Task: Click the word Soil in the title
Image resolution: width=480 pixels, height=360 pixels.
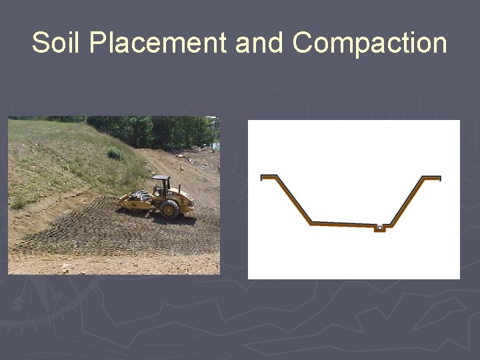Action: (56, 43)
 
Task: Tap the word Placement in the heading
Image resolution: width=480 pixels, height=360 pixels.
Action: (157, 43)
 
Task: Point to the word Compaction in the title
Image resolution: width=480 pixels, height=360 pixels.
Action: (369, 43)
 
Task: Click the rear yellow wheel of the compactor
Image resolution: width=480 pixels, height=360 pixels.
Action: (169, 209)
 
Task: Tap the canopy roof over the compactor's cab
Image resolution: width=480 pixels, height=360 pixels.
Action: (161, 178)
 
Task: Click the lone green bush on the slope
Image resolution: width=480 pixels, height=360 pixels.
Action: (115, 153)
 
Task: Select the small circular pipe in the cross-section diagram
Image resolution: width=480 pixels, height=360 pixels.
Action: (379, 228)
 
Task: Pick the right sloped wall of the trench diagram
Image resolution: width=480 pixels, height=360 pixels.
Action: (406, 201)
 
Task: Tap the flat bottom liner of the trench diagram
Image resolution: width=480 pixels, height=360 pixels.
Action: (340, 225)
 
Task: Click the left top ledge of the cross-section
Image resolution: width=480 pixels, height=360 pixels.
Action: (269, 177)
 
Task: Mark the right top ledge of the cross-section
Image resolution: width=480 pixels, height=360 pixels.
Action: (431, 178)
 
